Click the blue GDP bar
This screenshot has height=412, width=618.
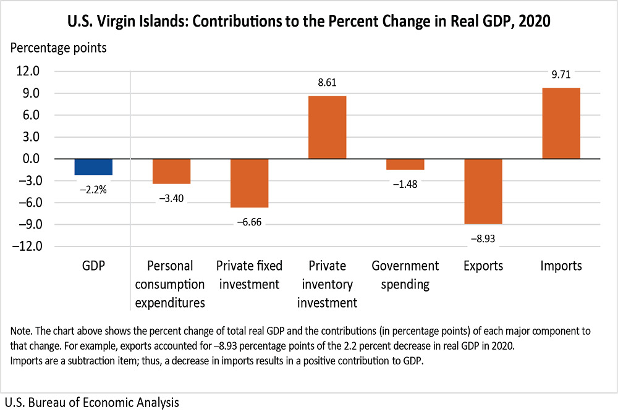pos(93,167)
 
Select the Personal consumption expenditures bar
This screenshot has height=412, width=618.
pos(171,171)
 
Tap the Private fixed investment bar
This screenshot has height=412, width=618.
pos(249,183)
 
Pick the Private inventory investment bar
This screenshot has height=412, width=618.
pos(327,127)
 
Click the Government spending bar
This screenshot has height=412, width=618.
pos(405,164)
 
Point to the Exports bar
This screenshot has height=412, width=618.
pos(483,191)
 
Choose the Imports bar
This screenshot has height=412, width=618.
pos(561,123)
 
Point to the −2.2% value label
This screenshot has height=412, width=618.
pos(93,190)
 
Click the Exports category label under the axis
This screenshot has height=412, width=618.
pos(483,266)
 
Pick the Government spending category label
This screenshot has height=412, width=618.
pos(405,275)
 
